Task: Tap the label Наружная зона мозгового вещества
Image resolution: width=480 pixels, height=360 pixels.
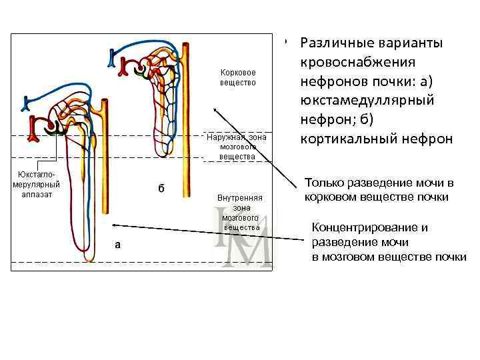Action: coord(237,147)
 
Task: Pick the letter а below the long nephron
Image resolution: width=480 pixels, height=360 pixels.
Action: coord(118,244)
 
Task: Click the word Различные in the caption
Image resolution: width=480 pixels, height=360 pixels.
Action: coord(336,43)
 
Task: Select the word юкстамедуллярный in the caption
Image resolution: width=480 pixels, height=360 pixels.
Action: coord(367,101)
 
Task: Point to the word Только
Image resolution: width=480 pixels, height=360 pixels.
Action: coord(323,183)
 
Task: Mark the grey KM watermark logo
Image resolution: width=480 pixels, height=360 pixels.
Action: coord(243,238)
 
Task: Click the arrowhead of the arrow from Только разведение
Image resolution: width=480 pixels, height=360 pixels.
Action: coord(214,107)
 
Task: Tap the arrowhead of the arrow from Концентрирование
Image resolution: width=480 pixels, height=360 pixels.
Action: coord(115,225)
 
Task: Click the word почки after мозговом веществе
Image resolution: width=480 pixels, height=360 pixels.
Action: coord(450,257)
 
